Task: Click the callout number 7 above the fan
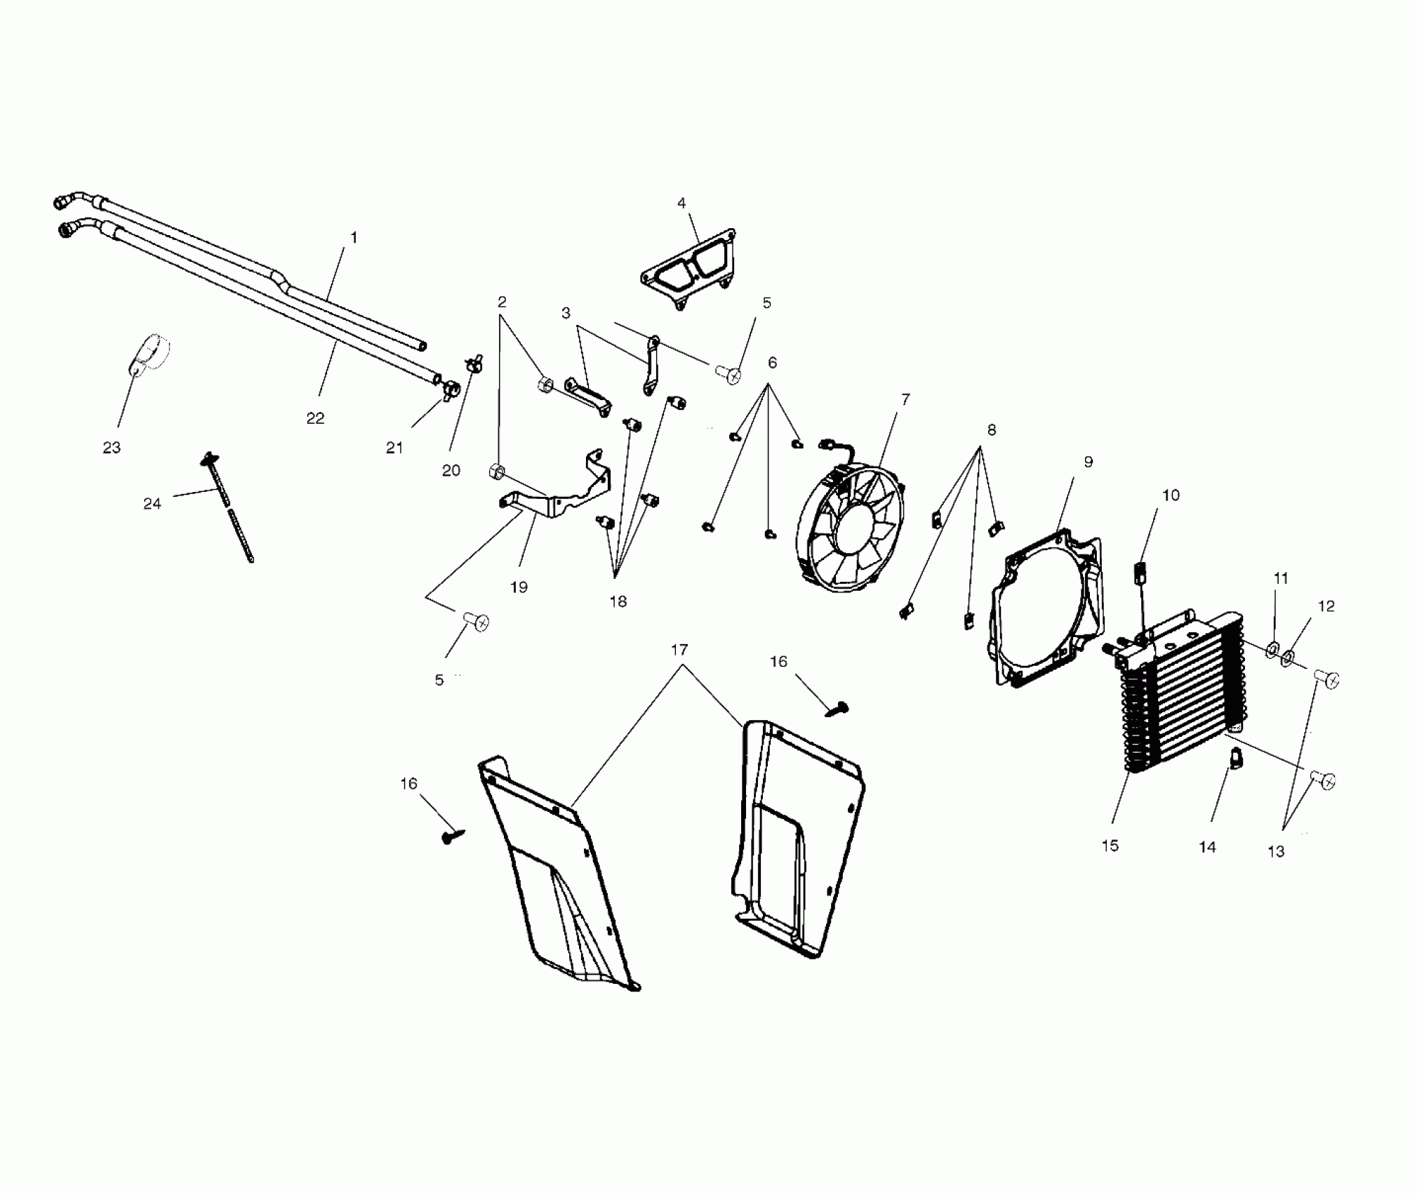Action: point(905,399)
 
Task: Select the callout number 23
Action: point(112,447)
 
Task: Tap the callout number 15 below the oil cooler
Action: point(1110,846)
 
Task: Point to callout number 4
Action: point(681,204)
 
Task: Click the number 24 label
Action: point(152,503)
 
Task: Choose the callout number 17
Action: point(679,650)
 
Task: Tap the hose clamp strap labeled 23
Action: point(149,358)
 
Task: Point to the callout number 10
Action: point(1171,495)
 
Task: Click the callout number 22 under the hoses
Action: point(315,418)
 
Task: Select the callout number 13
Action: point(1275,851)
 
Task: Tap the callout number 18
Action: point(618,601)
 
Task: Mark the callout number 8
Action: point(991,429)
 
